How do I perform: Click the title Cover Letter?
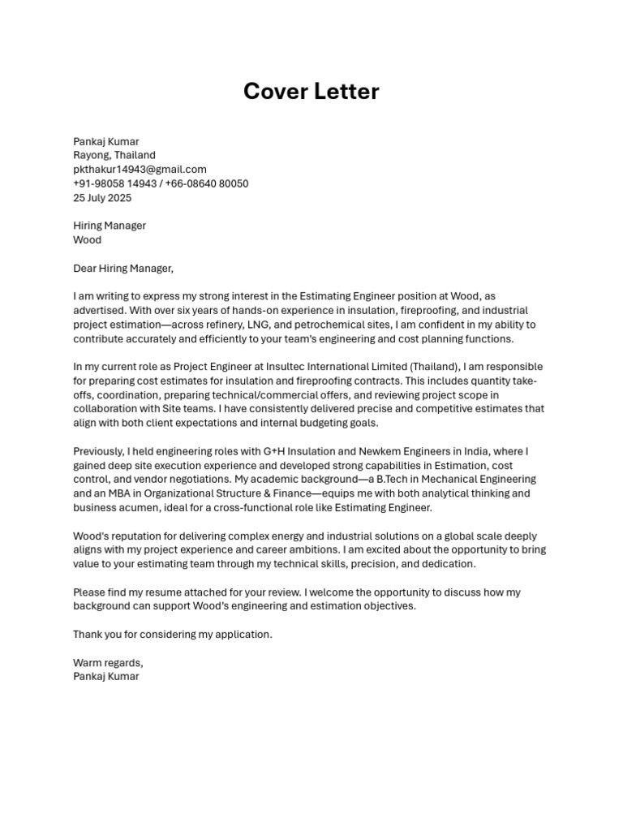pos(311,92)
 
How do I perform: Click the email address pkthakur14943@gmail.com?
pos(140,170)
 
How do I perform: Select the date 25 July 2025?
pos(102,198)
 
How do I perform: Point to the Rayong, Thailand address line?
pos(114,155)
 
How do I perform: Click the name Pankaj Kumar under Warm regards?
pos(105,676)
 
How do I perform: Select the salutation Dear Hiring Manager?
pos(123,268)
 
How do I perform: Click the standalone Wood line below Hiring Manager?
pos(87,240)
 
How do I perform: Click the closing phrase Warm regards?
pos(108,662)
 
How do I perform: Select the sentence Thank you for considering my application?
pos(173,635)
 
